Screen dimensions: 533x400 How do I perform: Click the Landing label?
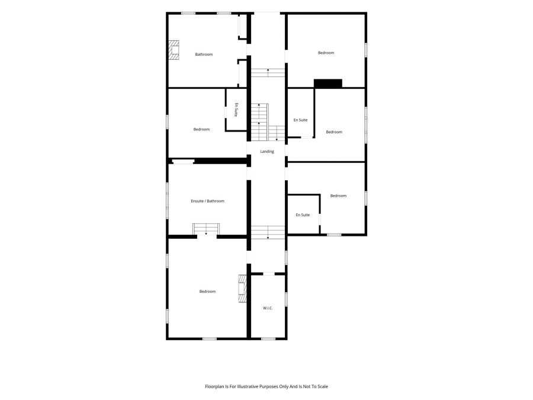[267, 151]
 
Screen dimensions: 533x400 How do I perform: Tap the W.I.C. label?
[268, 308]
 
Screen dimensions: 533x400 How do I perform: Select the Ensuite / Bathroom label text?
[207, 201]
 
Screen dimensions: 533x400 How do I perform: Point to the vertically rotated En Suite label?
[236, 110]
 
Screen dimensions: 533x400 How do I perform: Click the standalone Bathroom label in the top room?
[204, 54]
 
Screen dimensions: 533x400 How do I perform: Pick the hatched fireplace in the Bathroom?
[174, 50]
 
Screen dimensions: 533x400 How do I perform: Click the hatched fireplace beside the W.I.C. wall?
[242, 289]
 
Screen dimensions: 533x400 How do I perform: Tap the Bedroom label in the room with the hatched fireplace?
[207, 291]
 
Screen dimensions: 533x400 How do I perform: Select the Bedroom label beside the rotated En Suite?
[201, 129]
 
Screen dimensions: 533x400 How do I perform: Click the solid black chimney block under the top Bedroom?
[327, 84]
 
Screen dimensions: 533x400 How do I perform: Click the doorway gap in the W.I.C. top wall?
[268, 273]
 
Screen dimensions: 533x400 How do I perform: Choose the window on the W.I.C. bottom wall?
[268, 338]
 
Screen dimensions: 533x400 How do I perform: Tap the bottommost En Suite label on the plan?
[303, 215]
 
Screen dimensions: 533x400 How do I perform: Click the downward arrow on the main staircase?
[277, 133]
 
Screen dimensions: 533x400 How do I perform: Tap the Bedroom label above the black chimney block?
[326, 53]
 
